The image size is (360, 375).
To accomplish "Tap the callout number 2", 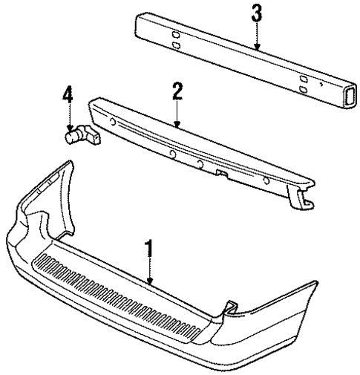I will pos(177,92).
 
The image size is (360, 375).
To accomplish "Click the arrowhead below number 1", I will pos(151,282).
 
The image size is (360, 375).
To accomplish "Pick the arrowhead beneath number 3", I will pos(256,48).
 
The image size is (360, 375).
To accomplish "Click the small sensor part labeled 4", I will pos(76,135).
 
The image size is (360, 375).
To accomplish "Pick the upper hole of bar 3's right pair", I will pos(304,78).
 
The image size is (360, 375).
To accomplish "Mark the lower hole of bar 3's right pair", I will pos(304,89).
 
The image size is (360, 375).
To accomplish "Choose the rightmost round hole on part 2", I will pos(266,180).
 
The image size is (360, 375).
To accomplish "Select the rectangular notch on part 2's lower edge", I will pos(220,174).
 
